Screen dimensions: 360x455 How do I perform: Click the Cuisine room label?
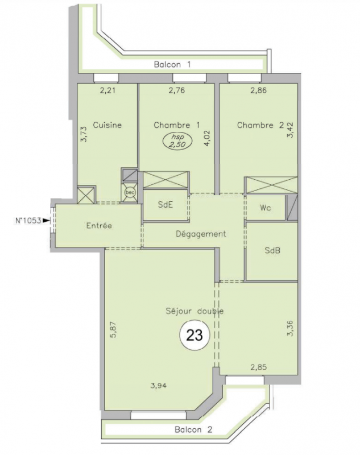coord(107,125)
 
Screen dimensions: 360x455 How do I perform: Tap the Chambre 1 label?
coord(177,125)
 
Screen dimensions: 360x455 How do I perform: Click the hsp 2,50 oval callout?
coord(177,141)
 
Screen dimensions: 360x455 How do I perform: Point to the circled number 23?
coord(195,336)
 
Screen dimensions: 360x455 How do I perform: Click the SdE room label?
coord(165,205)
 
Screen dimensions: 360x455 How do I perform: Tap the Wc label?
coord(266,208)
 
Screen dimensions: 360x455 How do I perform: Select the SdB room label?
coord(272,250)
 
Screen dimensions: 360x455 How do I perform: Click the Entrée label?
coord(99,225)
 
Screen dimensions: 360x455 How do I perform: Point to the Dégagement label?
coord(201,234)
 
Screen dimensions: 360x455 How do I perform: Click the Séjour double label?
coord(195,311)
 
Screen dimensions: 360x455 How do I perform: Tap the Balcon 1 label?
coord(172,64)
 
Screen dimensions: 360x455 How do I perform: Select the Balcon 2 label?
coord(193,429)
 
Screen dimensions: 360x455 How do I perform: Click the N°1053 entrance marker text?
coord(28,221)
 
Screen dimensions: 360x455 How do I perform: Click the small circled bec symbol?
coord(129,192)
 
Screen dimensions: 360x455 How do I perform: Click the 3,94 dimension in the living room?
coord(159,386)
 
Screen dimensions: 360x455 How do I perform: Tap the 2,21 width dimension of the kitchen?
coord(107,90)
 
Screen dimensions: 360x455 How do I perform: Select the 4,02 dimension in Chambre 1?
coord(207,138)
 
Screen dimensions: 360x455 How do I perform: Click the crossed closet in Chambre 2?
coord(271,185)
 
